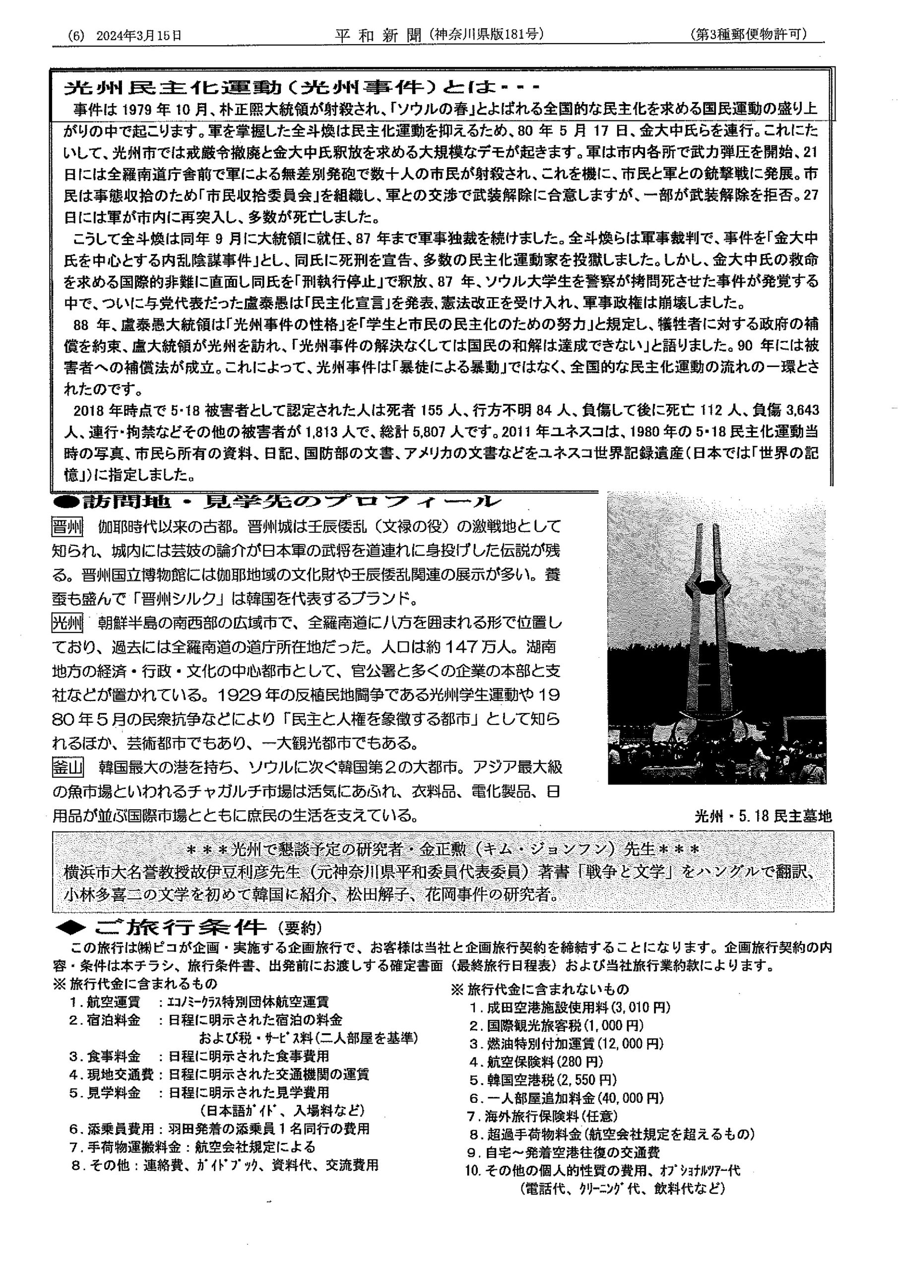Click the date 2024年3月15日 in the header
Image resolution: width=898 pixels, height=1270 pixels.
pos(139,36)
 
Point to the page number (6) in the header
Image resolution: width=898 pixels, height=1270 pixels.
pos(76,36)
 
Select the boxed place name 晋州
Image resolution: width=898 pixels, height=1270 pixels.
pos(67,526)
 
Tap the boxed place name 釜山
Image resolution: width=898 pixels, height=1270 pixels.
pos(67,768)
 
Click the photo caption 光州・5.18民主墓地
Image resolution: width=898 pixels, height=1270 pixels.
pos(763,816)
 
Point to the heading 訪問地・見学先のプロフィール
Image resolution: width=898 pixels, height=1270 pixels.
pos(277,502)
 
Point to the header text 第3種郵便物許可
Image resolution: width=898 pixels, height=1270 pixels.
pos(749,34)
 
